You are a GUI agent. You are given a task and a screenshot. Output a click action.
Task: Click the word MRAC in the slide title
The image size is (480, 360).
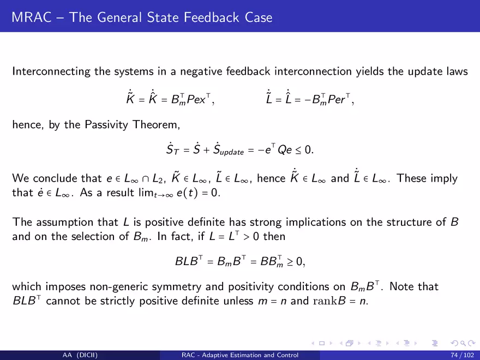pyautogui.click(x=32, y=17)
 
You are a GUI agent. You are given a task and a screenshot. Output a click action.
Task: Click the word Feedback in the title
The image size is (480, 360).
pyautogui.click(x=212, y=17)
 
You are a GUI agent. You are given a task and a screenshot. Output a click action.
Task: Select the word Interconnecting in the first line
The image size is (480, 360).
pyautogui.click(x=51, y=71)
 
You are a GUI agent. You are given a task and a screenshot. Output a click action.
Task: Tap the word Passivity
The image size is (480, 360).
pyautogui.click(x=106, y=125)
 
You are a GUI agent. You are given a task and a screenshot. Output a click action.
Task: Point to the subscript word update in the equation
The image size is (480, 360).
pyautogui.click(x=232, y=152)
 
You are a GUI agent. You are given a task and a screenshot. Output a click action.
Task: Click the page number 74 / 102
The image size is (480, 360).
pyautogui.click(x=462, y=355)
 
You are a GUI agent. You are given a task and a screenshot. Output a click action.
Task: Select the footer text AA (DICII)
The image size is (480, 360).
pyautogui.click(x=80, y=355)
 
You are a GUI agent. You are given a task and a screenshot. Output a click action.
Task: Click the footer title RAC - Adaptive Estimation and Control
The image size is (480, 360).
pyautogui.click(x=240, y=355)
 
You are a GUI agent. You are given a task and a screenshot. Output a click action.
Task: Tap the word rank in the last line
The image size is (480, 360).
pyautogui.click(x=325, y=301)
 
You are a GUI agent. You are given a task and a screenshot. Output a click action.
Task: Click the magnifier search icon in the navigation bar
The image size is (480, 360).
pyautogui.click(x=463, y=343)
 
